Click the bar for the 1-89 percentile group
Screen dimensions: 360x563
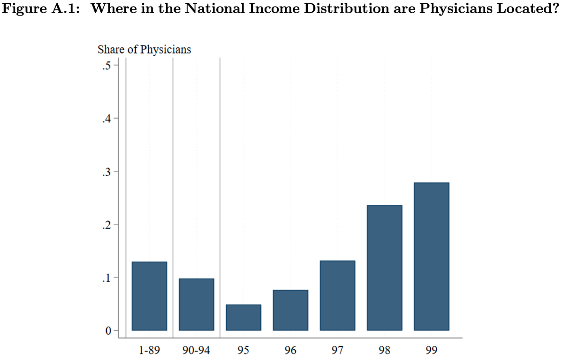pos(149,296)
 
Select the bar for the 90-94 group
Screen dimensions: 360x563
pos(196,305)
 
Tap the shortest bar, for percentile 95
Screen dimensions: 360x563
pos(243,317)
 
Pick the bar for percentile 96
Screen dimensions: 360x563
pos(290,310)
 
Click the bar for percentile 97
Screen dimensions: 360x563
pos(337,296)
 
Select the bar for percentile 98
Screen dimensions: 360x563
pos(384,268)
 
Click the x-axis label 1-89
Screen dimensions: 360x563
pos(149,350)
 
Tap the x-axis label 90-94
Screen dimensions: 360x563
pos(196,350)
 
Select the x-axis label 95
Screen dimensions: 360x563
pos(243,350)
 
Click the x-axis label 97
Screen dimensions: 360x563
pos(337,350)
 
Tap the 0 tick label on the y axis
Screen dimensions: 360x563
pos(108,331)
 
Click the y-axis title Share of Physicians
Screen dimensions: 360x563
pos(144,50)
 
